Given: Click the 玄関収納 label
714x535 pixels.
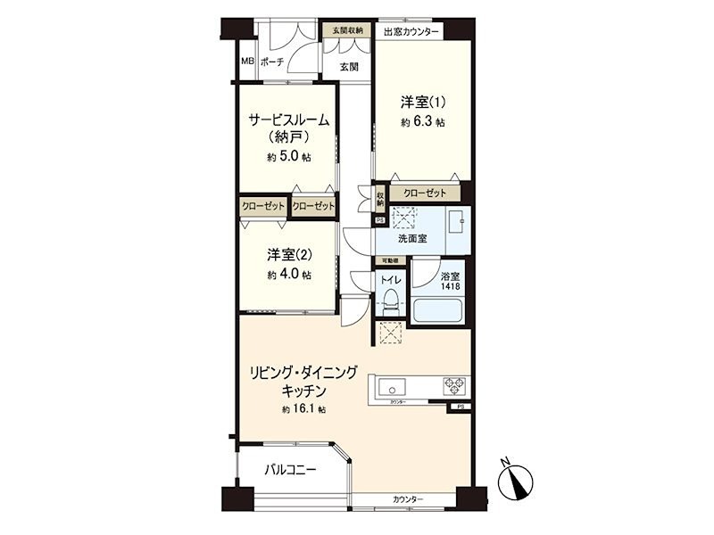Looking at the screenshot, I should pos(347,31).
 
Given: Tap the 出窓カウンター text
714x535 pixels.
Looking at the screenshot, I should pos(411,32).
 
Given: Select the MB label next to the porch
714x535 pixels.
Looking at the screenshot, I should pos(247,62).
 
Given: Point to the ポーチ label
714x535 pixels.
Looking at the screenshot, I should pos(272,62).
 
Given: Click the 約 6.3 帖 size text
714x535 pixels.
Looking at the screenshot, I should pos(422,122).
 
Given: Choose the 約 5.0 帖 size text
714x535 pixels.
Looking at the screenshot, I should pos(288,157).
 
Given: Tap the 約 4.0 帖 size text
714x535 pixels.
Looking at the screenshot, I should pos(288,276).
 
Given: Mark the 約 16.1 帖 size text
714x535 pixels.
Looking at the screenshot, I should pos(303,409).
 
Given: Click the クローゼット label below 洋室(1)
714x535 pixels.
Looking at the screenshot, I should pos(424,193).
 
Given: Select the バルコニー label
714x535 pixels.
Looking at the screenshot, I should pos(290,470).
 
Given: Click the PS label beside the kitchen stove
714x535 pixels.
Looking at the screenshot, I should pos(461,407).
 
